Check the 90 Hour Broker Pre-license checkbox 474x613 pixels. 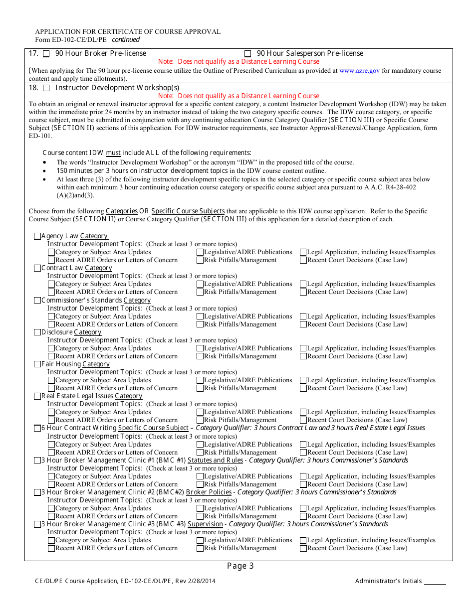[46, 54]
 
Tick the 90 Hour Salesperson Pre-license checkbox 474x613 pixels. [247, 54]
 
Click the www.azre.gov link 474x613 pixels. [359, 71]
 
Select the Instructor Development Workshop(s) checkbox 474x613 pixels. [46, 88]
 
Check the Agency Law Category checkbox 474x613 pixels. [37, 236]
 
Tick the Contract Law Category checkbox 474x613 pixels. [37, 268]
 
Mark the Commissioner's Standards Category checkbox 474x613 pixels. [37, 301]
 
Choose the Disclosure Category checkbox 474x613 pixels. [37, 332]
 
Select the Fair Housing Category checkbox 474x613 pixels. [37, 364]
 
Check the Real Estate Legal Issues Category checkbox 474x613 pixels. [37, 396]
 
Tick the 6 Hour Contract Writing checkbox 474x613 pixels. [37, 428]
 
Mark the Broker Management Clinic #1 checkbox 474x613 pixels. [37, 460]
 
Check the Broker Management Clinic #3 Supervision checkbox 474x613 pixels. [37, 524]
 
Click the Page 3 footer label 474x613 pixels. [240, 566]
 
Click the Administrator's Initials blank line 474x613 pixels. [435, 582]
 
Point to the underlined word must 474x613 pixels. [113, 153]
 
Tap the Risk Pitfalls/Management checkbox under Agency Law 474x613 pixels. [200, 260]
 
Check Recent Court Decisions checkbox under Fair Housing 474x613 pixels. [303, 388]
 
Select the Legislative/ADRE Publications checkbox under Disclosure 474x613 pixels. [200, 348]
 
